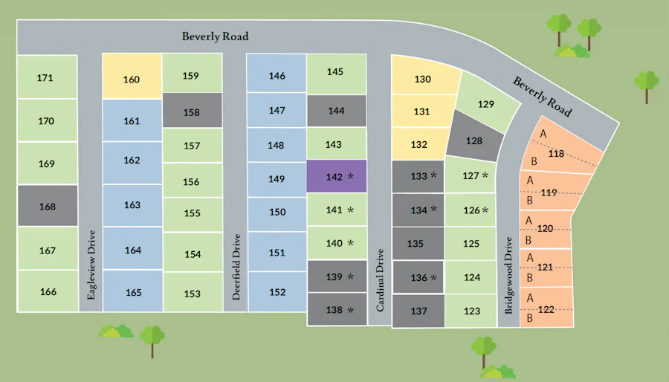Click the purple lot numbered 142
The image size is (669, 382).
tap(337, 177)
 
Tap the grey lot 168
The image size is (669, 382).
tap(47, 206)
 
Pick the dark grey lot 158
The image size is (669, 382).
tap(192, 112)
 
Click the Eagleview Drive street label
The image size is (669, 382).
tap(91, 265)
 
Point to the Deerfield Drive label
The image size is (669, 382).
tap(236, 267)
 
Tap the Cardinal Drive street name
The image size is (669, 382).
tap(380, 279)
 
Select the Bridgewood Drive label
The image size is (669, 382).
tap(509, 276)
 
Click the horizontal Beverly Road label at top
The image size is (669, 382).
tap(216, 36)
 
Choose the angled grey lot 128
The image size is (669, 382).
tap(474, 140)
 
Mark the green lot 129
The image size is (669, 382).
tap(485, 105)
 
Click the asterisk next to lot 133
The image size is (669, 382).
tap(433, 176)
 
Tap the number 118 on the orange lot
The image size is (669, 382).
tap(555, 154)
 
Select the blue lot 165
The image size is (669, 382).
tap(133, 292)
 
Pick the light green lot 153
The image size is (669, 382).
tap(192, 294)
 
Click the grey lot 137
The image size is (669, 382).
tap(418, 311)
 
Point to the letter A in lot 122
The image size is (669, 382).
tap(530, 297)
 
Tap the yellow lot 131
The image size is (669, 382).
tap(421, 111)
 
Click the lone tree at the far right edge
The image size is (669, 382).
tap(647, 84)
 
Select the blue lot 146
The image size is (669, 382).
tap(277, 76)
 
